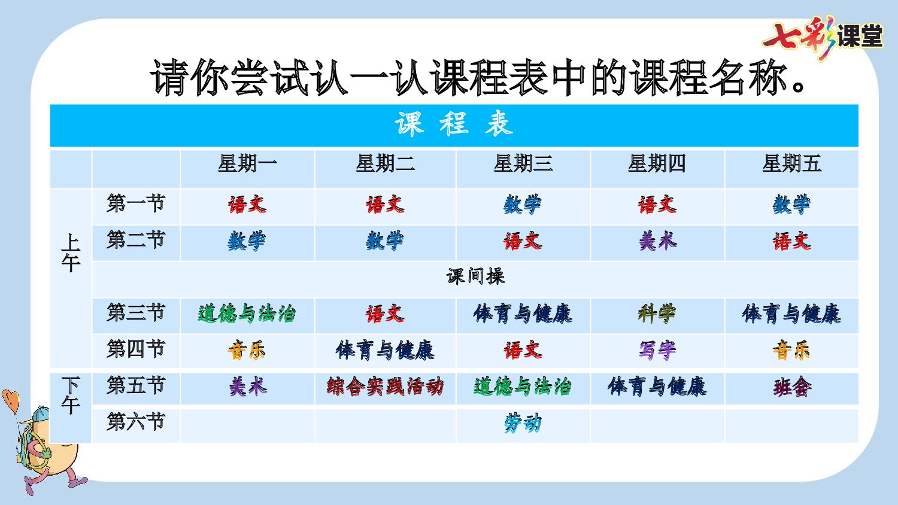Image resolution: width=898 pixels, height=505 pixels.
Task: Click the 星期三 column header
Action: (x=523, y=163)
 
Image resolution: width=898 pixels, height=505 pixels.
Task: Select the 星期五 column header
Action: (x=791, y=163)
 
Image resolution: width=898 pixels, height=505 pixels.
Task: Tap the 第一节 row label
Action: (x=136, y=204)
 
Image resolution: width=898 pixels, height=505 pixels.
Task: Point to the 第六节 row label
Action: (x=136, y=422)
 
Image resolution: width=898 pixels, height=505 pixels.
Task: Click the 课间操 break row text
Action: (x=475, y=276)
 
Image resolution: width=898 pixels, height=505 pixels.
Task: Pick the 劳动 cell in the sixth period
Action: (x=523, y=424)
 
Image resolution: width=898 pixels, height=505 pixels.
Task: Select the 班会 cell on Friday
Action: (x=791, y=387)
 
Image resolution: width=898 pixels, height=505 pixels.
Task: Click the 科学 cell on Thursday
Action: (x=657, y=314)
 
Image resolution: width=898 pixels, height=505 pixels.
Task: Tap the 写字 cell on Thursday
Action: (x=657, y=350)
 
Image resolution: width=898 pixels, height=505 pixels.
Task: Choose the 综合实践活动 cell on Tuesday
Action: (x=385, y=387)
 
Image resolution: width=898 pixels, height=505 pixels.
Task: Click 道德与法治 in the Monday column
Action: (x=247, y=314)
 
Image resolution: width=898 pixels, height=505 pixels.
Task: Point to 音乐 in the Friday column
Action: (x=791, y=350)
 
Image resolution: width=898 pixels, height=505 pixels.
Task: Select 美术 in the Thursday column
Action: (x=657, y=241)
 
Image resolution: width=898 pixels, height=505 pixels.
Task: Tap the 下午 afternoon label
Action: (x=71, y=396)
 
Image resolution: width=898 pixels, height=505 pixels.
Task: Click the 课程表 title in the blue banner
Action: (x=454, y=124)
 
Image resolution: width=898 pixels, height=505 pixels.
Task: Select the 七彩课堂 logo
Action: (x=823, y=37)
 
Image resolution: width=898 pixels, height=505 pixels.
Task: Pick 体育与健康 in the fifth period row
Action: (x=657, y=387)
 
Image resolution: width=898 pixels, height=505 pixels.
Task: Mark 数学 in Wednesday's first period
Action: (x=523, y=205)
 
